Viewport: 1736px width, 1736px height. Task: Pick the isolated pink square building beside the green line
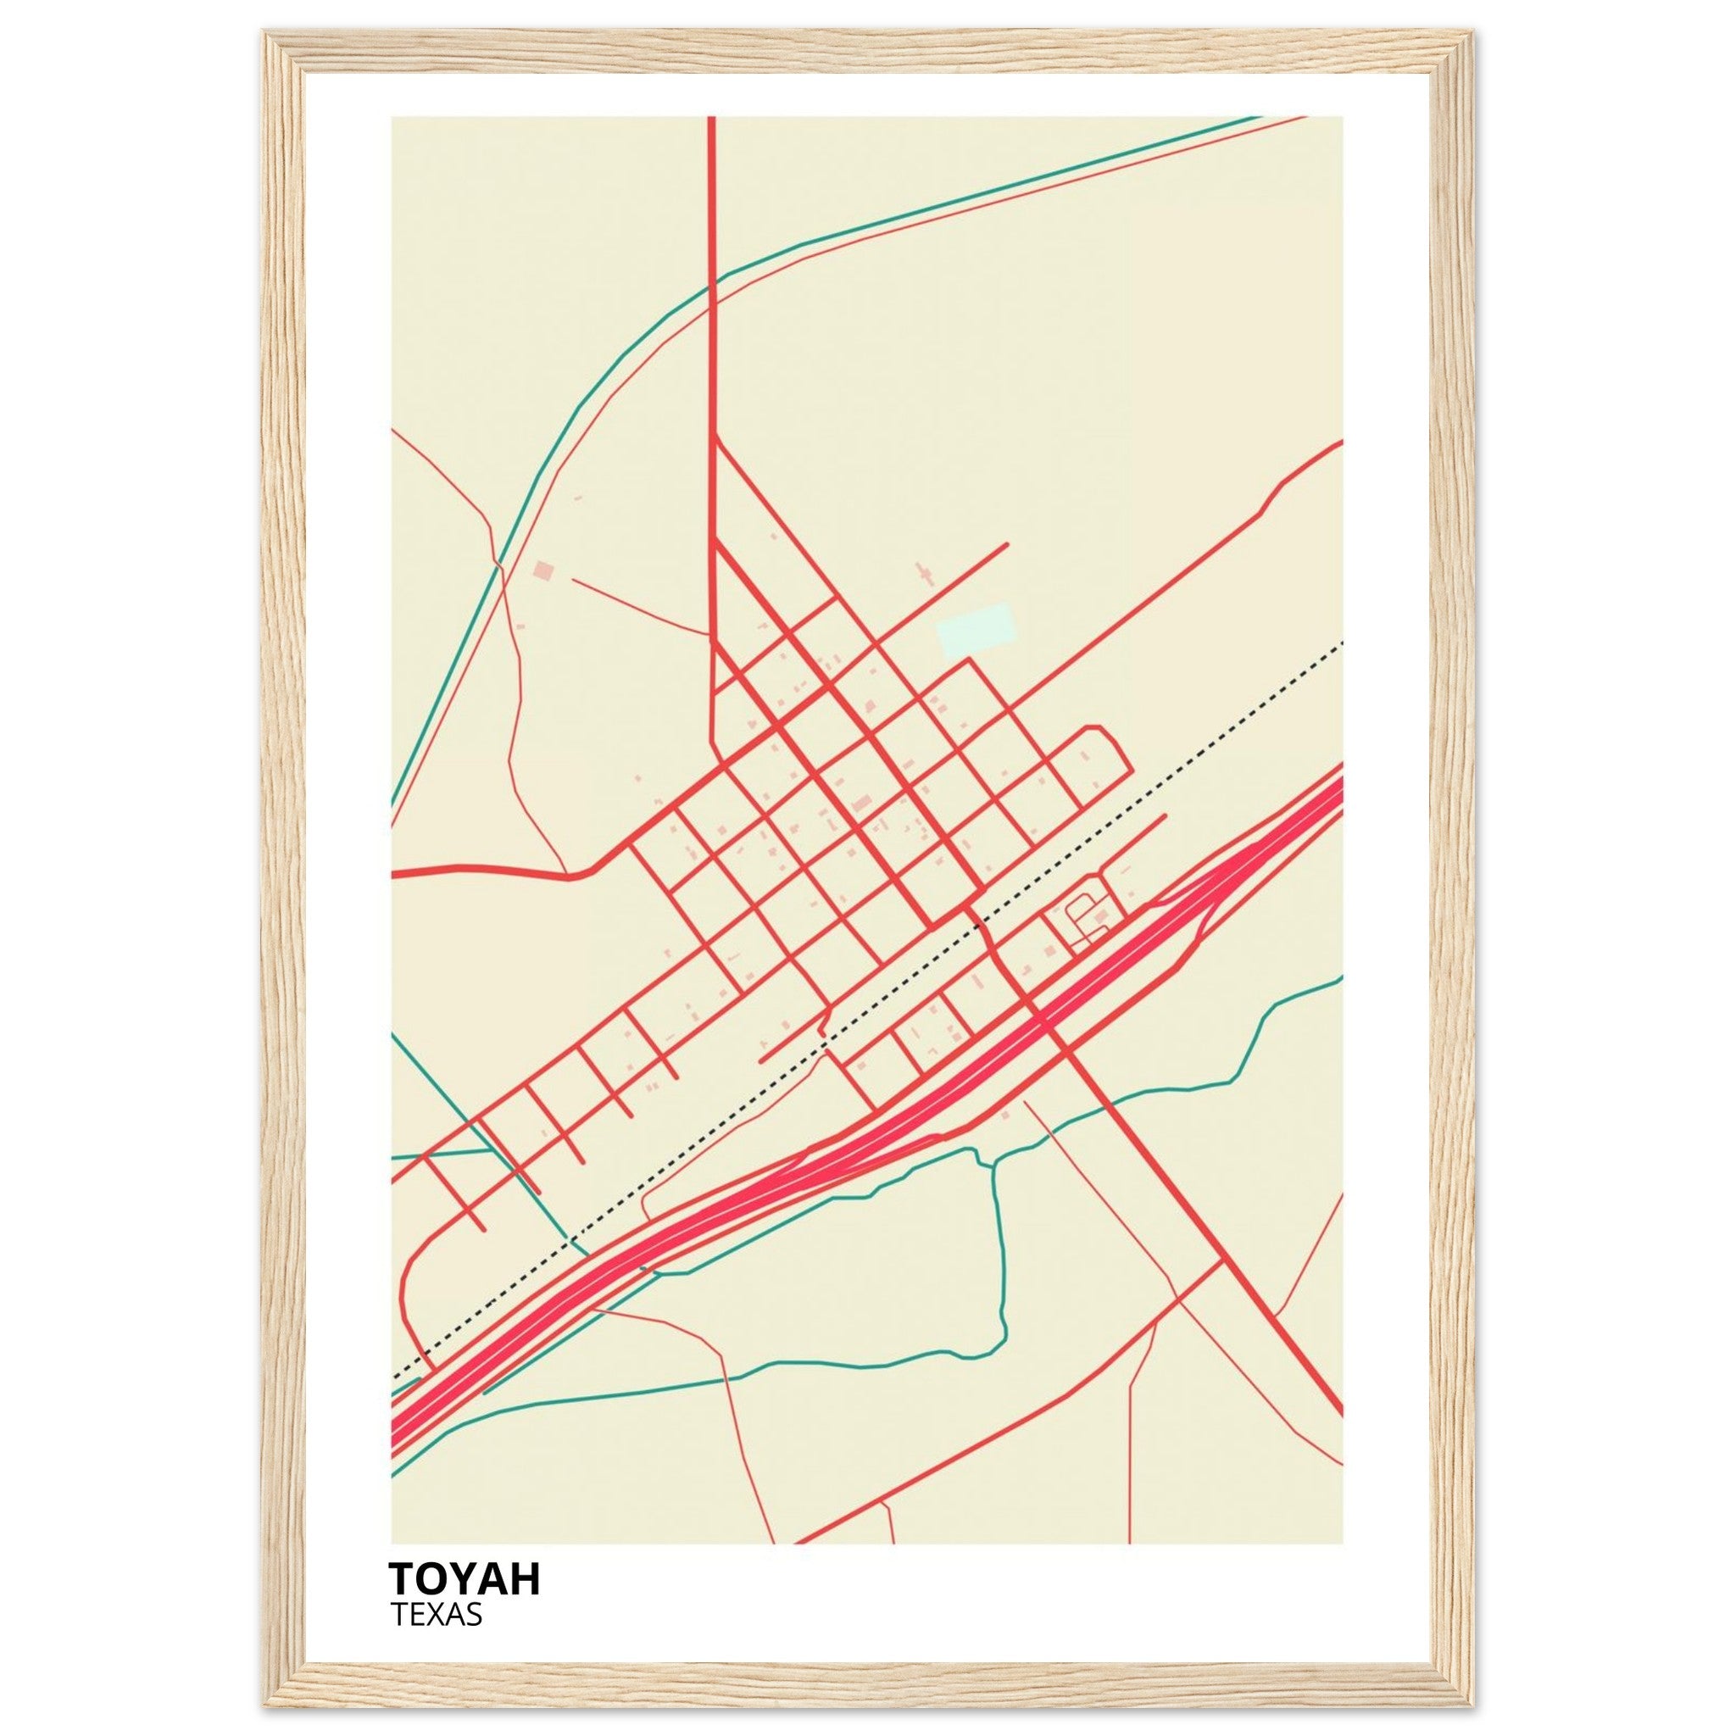click(x=542, y=570)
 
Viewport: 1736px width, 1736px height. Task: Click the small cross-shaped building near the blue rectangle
click(x=923, y=573)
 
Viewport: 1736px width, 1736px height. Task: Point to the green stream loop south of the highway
click(x=1000, y=1258)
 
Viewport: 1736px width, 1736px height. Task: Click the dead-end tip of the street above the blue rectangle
click(x=1006, y=543)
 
